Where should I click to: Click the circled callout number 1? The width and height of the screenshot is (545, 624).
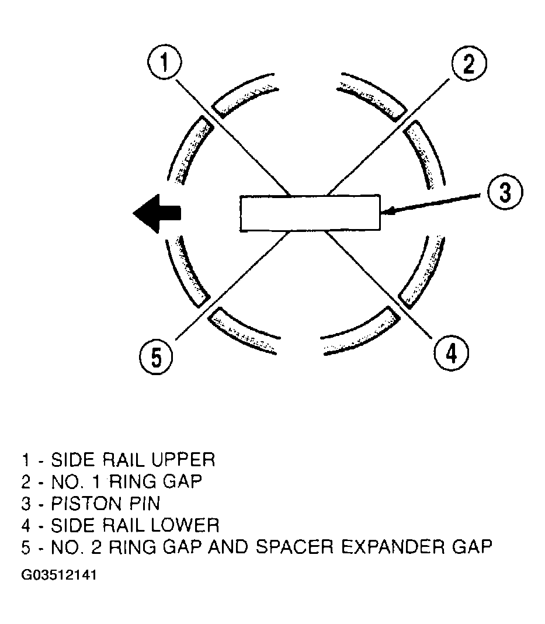coord(164,63)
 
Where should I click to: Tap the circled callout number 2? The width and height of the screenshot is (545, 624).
coord(469,64)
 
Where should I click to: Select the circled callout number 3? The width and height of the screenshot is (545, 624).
coord(505,192)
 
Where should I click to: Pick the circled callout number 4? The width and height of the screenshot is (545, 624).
coord(451,352)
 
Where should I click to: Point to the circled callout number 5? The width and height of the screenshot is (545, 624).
coord(157,356)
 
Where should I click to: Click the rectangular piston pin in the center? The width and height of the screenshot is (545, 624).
coord(310,213)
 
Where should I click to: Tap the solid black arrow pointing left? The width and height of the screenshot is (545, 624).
coord(157,213)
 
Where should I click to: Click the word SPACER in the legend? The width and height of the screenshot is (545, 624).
coord(294,547)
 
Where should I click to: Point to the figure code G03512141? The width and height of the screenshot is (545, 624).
coord(59,575)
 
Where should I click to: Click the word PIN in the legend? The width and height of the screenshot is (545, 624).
coord(145,504)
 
